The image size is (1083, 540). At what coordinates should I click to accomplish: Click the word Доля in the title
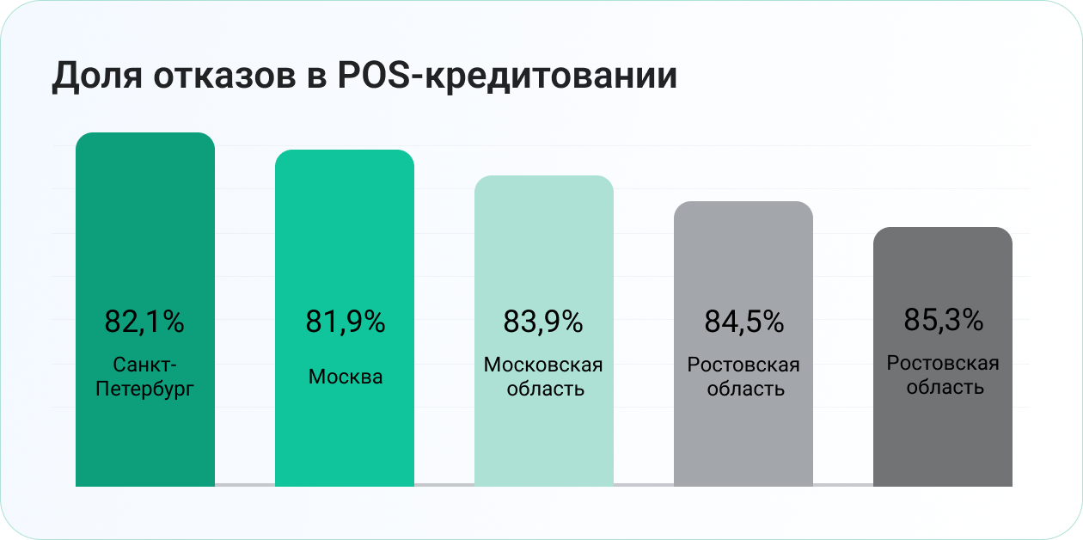point(97,76)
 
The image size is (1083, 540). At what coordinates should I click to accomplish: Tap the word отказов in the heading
point(225,77)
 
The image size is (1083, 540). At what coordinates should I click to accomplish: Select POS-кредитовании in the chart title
point(507,76)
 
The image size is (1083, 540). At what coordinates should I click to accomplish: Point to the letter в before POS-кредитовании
point(316,77)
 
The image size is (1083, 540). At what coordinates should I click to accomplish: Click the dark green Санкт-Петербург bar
point(145,310)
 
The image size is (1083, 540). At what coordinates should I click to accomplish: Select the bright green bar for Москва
point(345,318)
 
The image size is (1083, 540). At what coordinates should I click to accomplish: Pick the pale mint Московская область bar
point(544,331)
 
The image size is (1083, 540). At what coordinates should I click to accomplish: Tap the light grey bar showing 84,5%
point(743,344)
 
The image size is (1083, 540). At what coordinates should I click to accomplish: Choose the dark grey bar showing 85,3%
point(943,357)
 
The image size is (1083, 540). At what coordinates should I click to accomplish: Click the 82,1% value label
point(144,322)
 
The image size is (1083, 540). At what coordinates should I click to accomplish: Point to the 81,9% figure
point(346,322)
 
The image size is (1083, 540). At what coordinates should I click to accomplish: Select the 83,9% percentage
point(543,322)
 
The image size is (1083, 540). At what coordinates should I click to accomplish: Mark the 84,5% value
point(743,322)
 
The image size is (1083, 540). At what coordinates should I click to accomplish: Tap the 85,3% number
point(943,319)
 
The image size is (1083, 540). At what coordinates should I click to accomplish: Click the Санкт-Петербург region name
point(144,377)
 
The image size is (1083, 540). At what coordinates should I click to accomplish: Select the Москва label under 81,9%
point(346,377)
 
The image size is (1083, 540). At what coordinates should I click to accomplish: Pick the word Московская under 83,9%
point(543,365)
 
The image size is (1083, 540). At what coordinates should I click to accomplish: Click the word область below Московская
point(545,389)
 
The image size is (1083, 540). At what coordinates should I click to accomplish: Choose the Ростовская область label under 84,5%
point(743,377)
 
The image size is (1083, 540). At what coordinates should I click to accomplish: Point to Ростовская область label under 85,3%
point(943,375)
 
